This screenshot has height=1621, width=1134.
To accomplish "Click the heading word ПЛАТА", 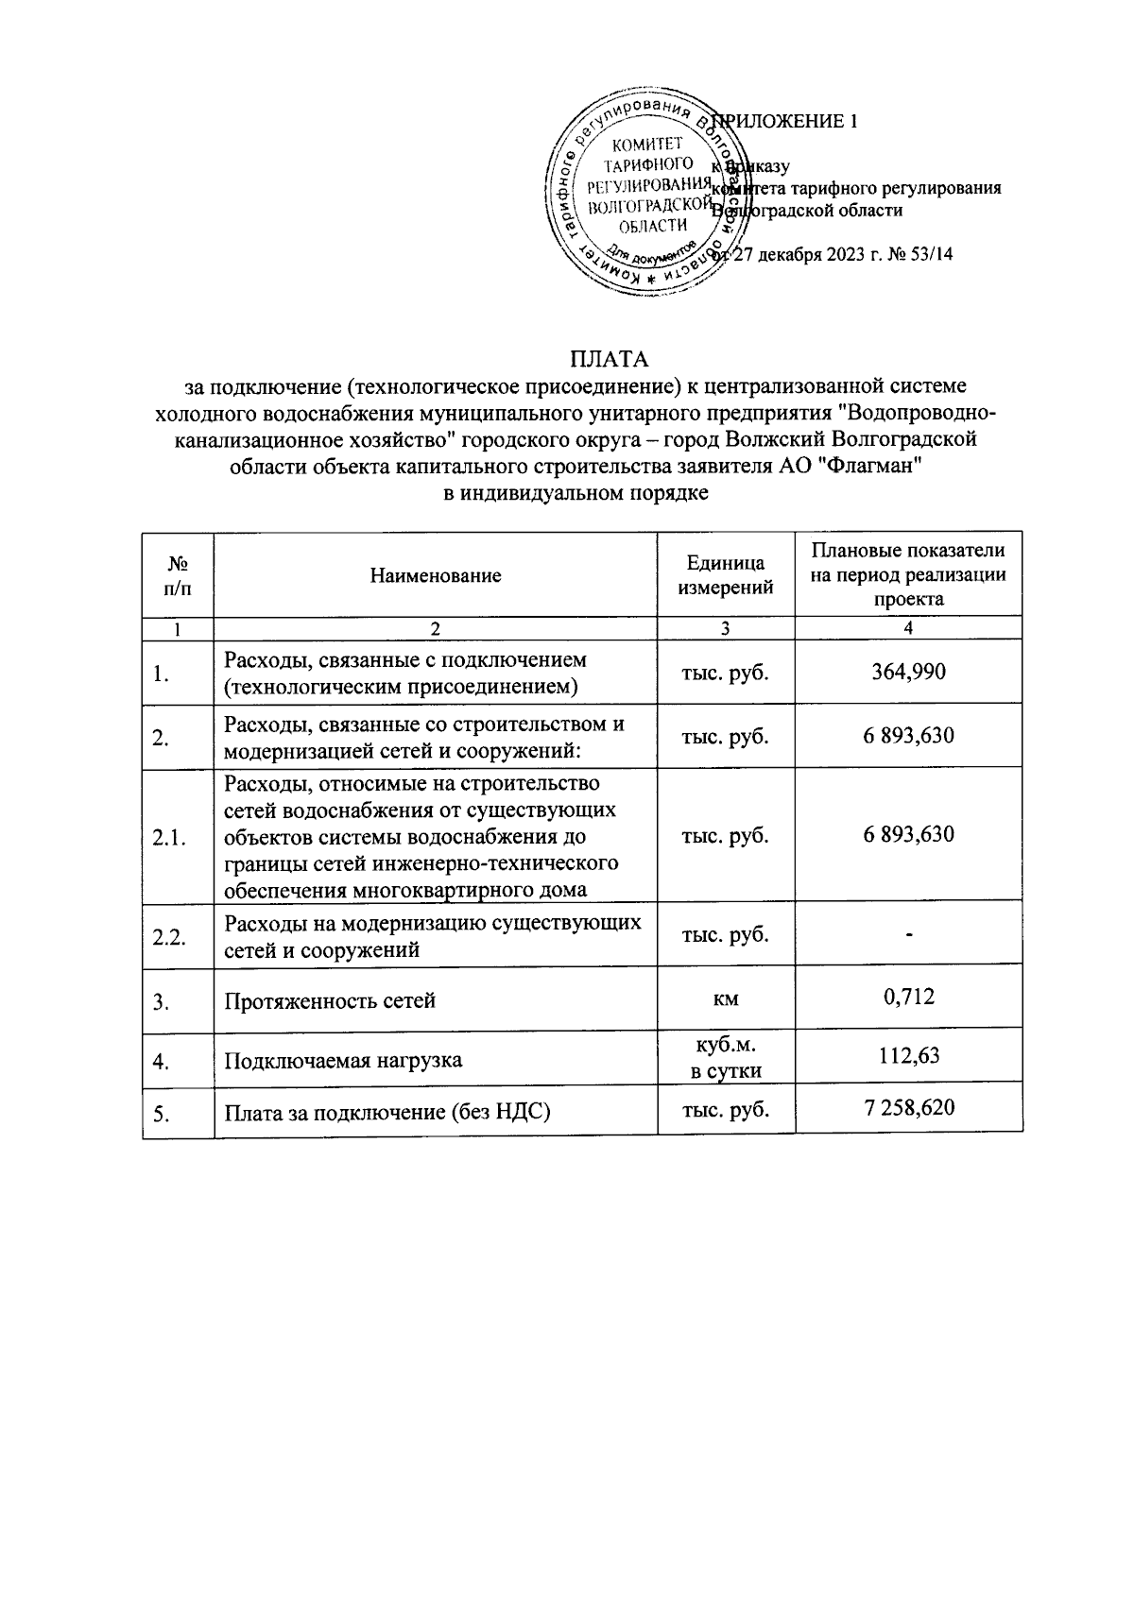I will [x=609, y=360].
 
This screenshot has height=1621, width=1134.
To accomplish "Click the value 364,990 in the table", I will [x=908, y=672].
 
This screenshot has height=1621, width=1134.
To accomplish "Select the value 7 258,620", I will [x=908, y=1107].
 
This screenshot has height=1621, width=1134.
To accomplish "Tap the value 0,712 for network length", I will [x=908, y=996].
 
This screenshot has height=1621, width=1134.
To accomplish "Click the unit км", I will [x=726, y=998].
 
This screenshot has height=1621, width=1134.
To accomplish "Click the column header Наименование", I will [x=435, y=575].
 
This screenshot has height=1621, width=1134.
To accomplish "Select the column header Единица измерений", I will [x=726, y=575].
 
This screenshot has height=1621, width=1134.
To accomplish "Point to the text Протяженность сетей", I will [x=330, y=1000].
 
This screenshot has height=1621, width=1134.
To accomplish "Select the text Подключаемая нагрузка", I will [x=343, y=1060].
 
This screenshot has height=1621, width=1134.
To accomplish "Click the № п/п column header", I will [x=178, y=575].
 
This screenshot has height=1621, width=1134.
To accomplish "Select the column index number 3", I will [x=726, y=628].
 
